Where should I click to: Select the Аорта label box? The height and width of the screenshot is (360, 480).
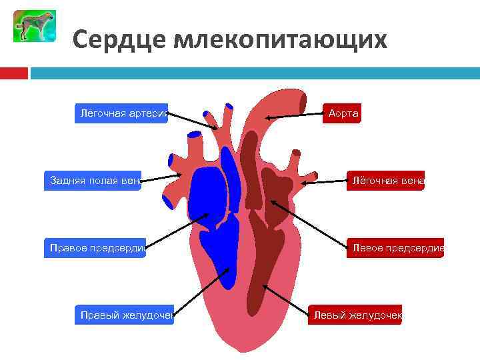343,113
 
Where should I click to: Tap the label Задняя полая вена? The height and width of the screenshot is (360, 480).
93,180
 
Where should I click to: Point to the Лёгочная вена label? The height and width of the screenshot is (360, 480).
385,180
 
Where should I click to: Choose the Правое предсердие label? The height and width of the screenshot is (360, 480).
95,248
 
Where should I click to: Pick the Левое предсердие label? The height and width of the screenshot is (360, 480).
395,248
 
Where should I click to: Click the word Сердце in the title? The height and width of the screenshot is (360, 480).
119,39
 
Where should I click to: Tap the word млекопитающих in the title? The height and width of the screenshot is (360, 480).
280,39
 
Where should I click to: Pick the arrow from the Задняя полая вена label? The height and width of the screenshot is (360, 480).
162,177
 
